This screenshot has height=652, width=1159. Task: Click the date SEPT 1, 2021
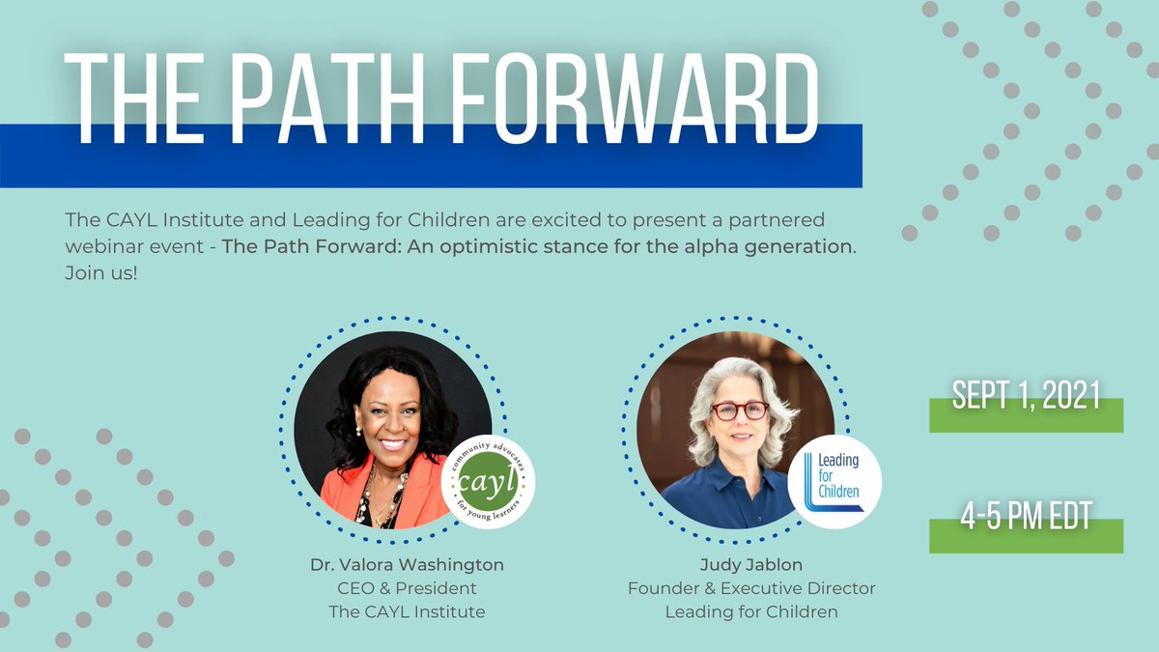coord(1026,395)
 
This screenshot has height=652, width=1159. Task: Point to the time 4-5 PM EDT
coord(1026,517)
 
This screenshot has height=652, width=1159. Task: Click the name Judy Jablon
coord(751,565)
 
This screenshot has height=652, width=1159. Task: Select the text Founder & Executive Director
coord(751,587)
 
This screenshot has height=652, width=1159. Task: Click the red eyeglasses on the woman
coord(739,411)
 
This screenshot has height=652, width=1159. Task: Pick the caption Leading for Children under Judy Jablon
coord(751,610)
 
